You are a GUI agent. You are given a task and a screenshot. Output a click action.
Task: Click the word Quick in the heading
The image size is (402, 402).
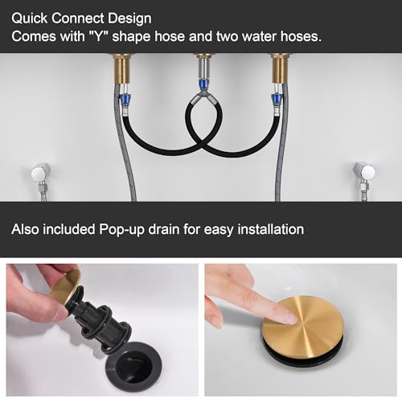pos(30,18)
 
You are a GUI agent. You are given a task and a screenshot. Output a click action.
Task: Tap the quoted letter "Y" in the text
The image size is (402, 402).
pos(98,36)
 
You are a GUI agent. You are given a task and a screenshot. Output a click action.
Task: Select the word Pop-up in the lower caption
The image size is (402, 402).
pos(121,230)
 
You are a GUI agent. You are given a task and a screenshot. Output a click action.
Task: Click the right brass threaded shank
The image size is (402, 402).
pos(281,68)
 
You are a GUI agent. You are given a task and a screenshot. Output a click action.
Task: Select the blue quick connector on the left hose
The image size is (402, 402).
pos(125,100)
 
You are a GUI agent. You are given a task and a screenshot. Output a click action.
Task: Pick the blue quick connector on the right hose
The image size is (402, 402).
pos(276,100)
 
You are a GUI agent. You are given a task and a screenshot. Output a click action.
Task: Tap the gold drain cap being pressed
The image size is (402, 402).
pos(302,328)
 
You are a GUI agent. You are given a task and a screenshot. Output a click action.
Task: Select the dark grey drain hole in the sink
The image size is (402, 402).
pos(133,364)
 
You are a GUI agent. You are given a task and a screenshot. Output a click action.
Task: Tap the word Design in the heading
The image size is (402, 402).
pos(129,19)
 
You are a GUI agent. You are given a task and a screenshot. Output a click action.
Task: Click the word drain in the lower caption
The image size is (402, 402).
pos(164,229)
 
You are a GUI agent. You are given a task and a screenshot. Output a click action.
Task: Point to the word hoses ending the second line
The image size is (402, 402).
pos(301,36)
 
